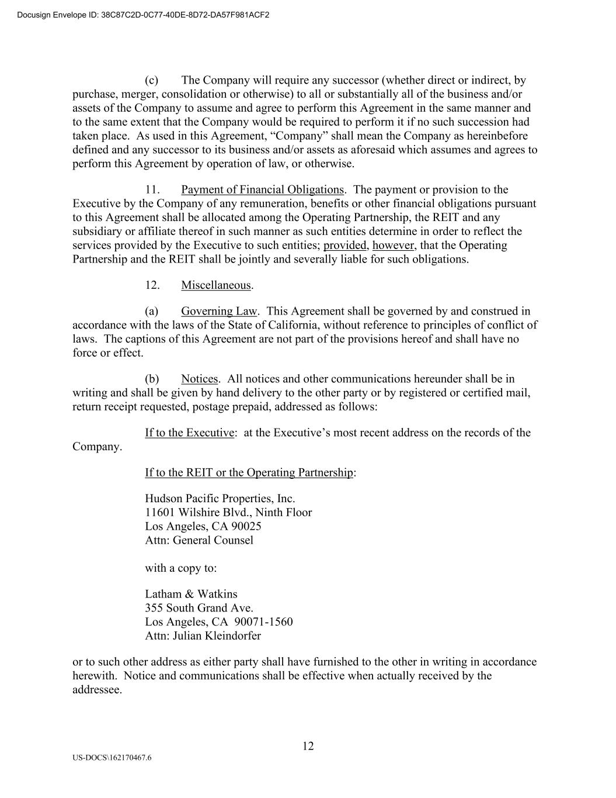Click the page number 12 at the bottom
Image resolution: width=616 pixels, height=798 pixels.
point(308,746)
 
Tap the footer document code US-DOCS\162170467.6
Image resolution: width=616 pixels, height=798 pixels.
point(112,758)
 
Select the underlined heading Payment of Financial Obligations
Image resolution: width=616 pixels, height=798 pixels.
point(262,189)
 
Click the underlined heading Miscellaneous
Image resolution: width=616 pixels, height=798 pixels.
point(216,285)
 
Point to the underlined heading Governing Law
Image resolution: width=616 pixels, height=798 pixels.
point(219,311)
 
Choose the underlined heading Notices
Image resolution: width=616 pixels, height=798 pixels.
point(200,379)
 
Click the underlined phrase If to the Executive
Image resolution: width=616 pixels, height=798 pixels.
point(190,433)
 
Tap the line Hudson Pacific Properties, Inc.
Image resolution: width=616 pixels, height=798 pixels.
point(220,499)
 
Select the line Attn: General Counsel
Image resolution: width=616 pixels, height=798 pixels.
point(199,540)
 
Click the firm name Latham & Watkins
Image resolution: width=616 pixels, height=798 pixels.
point(191,594)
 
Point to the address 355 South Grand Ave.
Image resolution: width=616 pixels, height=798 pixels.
point(199,608)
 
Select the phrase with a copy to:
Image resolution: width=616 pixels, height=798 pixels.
point(181,568)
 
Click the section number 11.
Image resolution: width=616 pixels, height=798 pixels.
point(152,189)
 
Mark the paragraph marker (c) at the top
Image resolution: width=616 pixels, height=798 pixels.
point(151,80)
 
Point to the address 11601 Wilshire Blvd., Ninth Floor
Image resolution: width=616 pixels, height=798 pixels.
point(228,513)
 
